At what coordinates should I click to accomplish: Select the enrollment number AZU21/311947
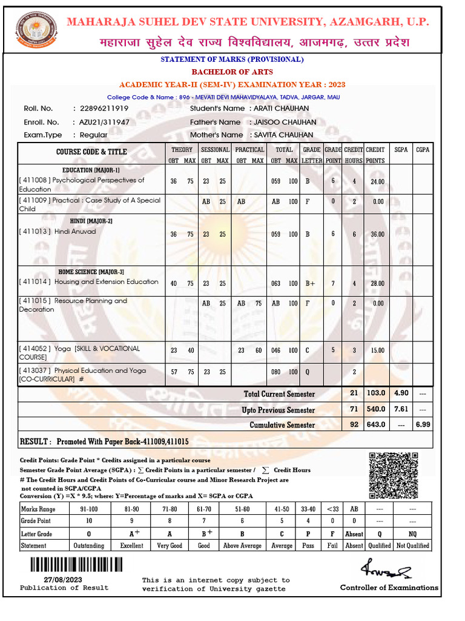tap(104, 122)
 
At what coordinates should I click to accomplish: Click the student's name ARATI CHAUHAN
tap(282, 109)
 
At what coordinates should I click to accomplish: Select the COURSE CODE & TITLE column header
tap(91, 152)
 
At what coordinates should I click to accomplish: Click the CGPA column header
tap(423, 150)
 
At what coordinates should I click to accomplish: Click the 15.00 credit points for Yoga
tap(377, 351)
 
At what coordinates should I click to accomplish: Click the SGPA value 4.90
tap(400, 394)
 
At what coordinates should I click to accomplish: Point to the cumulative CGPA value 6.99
tap(423, 425)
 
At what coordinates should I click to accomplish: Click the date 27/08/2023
tap(47, 579)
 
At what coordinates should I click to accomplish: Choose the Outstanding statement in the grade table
tap(88, 546)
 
